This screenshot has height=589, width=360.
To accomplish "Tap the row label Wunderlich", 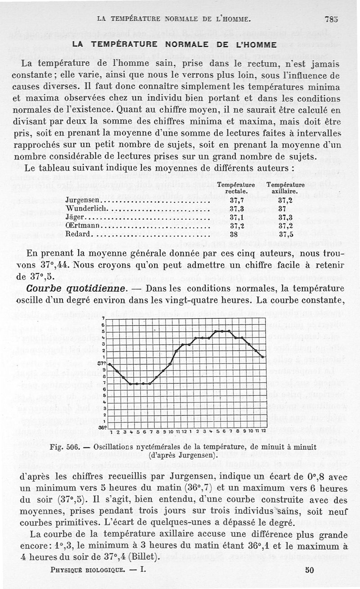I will click(85, 209).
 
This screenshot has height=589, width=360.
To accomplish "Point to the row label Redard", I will click(78, 235).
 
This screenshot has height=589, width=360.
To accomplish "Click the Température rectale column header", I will click(236, 188).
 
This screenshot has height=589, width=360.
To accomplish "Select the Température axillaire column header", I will click(285, 188).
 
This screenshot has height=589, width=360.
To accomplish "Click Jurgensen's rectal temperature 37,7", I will click(237, 200).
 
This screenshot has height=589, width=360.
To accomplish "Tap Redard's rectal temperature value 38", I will click(234, 235).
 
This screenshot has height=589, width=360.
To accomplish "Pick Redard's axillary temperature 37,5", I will click(285, 235).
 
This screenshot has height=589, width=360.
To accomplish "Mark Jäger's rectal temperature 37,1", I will click(237, 217).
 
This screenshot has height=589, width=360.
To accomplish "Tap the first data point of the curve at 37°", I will click(110, 363).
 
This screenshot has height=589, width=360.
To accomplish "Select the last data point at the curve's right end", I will click(263, 357).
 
